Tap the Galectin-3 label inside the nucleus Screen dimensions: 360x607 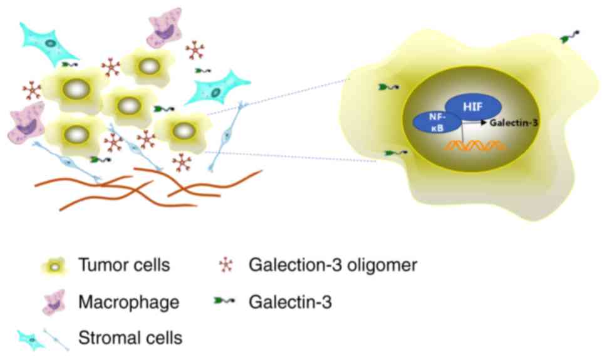click(x=514, y=123)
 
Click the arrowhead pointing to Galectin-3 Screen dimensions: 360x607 click(x=484, y=123)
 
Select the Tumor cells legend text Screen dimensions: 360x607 click(x=124, y=265)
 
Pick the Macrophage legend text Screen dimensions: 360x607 click(x=128, y=302)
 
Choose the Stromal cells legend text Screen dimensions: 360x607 click(x=130, y=339)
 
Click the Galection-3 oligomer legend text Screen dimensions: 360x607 click(x=333, y=265)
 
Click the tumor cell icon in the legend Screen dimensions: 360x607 click(x=55, y=266)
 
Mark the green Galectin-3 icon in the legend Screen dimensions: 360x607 click(x=224, y=302)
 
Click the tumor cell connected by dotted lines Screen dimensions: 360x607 click(x=182, y=131)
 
